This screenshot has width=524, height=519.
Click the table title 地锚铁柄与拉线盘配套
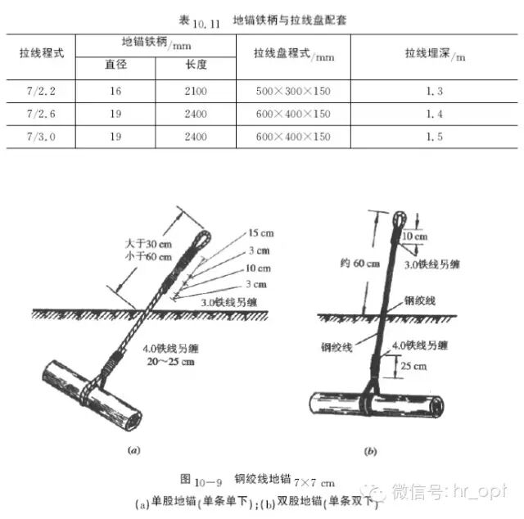tap(289, 17)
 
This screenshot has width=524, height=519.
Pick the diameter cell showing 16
tap(115, 92)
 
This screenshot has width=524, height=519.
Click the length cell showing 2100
tap(195, 92)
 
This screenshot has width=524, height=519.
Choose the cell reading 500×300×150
tap(293, 92)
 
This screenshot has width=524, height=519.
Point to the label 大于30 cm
tap(141, 242)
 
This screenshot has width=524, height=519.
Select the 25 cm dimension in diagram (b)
tap(415, 367)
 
